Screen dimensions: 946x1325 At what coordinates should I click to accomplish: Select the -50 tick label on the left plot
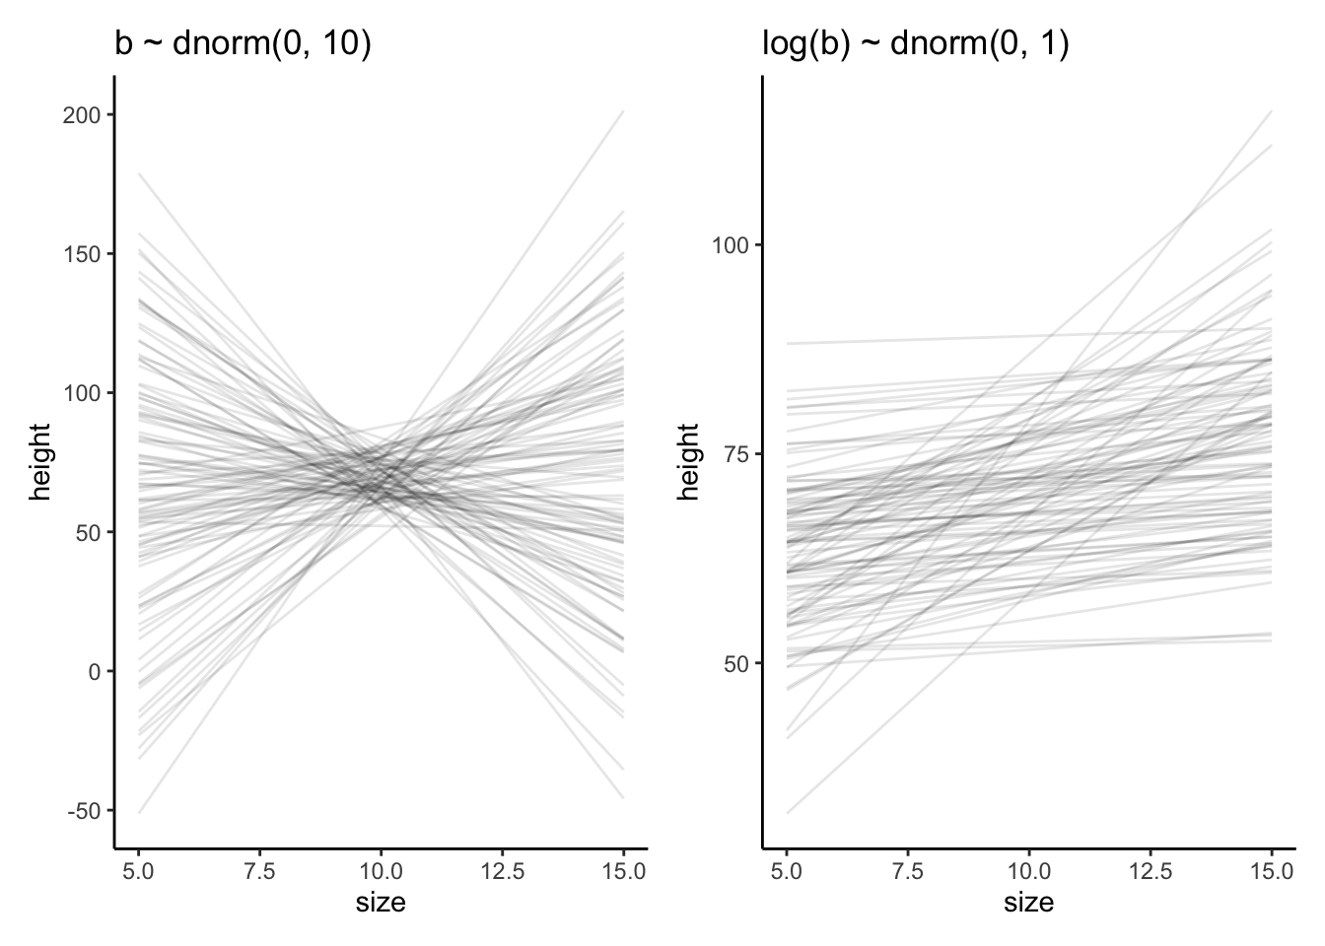(85, 810)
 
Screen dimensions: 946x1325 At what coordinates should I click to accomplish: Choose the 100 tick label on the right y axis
(731, 245)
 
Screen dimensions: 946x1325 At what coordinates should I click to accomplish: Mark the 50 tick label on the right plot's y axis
(735, 663)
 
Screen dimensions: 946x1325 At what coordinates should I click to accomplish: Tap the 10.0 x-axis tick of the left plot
(381, 871)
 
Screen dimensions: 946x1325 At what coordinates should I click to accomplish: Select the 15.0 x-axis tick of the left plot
(623, 871)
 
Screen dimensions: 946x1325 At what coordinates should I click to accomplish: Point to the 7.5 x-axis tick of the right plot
(907, 871)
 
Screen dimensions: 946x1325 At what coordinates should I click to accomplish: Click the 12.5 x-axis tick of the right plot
(1150, 871)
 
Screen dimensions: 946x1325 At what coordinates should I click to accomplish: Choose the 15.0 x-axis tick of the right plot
(1271, 871)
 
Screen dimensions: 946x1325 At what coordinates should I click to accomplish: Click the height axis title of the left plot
(39, 461)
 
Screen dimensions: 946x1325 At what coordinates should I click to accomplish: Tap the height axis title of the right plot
(688, 461)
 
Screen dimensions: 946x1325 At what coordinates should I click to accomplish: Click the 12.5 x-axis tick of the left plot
(502, 871)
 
